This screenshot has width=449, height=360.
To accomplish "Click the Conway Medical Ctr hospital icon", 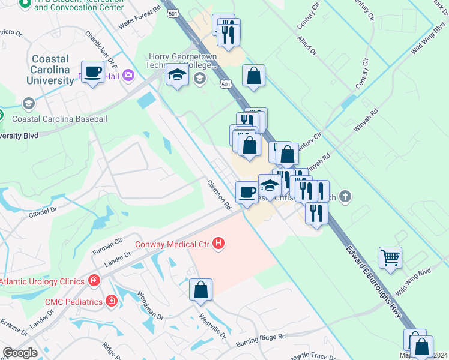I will [219, 244].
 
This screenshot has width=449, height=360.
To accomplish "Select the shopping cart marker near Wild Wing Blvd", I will [390, 258].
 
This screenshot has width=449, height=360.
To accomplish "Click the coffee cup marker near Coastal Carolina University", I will [93, 72].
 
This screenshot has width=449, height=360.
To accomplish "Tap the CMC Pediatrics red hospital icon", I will [111, 301].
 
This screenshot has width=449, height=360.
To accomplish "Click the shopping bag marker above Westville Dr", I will [201, 290].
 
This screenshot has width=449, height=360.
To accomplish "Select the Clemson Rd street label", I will [220, 195].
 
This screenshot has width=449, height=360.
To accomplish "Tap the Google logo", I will [20, 353].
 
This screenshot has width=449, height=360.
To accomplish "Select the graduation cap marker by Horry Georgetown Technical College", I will [177, 76].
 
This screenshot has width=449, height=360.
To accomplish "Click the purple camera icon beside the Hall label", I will [128, 75].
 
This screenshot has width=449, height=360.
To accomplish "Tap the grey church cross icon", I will [345, 196].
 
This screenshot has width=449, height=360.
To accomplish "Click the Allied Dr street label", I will [306, 46].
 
